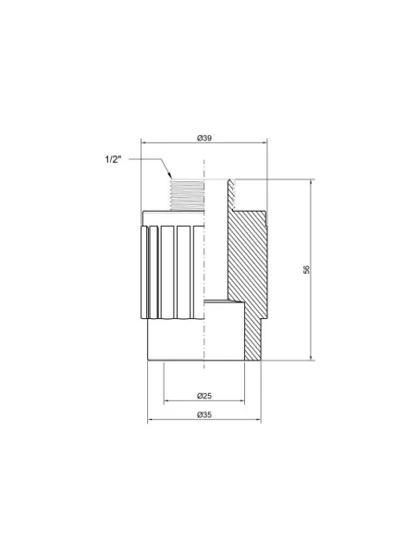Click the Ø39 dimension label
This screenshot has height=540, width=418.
(x=204, y=138)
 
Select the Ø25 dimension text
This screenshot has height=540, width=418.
(x=204, y=396)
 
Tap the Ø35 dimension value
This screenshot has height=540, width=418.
(x=204, y=415)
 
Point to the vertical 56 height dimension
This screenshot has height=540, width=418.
(x=306, y=269)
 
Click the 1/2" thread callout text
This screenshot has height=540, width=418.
(x=113, y=159)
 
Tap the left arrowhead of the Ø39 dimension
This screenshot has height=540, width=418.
(x=144, y=142)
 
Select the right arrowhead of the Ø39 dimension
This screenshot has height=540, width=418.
(x=264, y=142)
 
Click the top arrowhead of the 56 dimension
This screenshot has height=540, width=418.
(x=311, y=182)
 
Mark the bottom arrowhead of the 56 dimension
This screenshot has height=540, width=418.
(x=311, y=357)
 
